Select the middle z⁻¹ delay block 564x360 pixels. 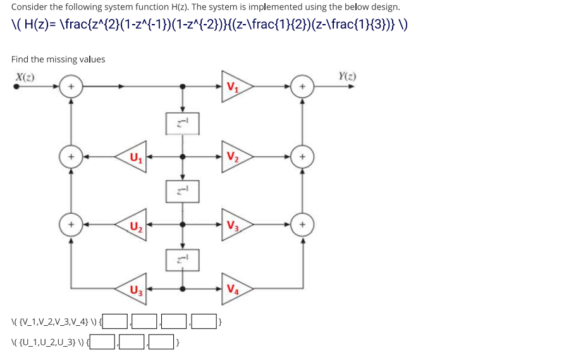coord(183,190)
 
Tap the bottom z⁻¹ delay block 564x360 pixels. coord(183,258)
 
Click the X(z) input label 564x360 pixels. coord(25,77)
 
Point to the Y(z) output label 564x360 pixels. coord(347,77)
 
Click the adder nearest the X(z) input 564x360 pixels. coord(71,87)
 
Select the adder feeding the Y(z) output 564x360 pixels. coord(303,87)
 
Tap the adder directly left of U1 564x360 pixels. coord(71,156)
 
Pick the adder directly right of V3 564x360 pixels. coord(303,224)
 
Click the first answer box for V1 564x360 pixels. coord(116,321)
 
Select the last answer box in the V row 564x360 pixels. coord(204,321)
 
